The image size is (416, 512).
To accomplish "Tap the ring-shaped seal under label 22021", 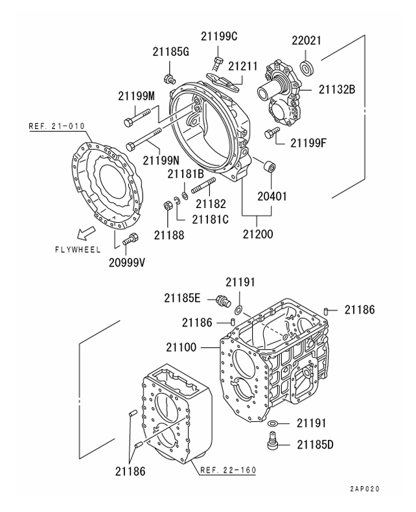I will [x=308, y=65].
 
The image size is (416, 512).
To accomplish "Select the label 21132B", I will [x=336, y=89].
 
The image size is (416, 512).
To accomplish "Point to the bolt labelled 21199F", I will [x=270, y=135].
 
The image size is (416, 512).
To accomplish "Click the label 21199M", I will [x=137, y=96].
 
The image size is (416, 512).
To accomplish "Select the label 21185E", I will [x=183, y=298].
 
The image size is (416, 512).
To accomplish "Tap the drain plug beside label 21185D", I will [x=272, y=443].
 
